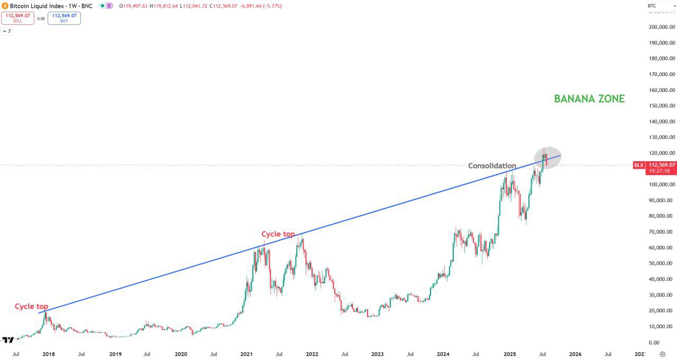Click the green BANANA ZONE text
(589, 99)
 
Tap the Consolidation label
(492, 166)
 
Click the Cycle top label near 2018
(31, 307)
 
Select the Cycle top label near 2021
(278, 234)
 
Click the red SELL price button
(18, 18)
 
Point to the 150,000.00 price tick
(662, 106)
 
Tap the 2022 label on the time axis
(312, 354)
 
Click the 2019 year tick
(115, 354)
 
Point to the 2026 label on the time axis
(575, 354)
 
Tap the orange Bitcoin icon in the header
(5, 6)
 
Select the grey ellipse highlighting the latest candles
(544, 158)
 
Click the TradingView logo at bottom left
(8, 340)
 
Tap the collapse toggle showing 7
(6, 31)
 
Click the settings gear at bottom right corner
(663, 354)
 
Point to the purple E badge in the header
(109, 6)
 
